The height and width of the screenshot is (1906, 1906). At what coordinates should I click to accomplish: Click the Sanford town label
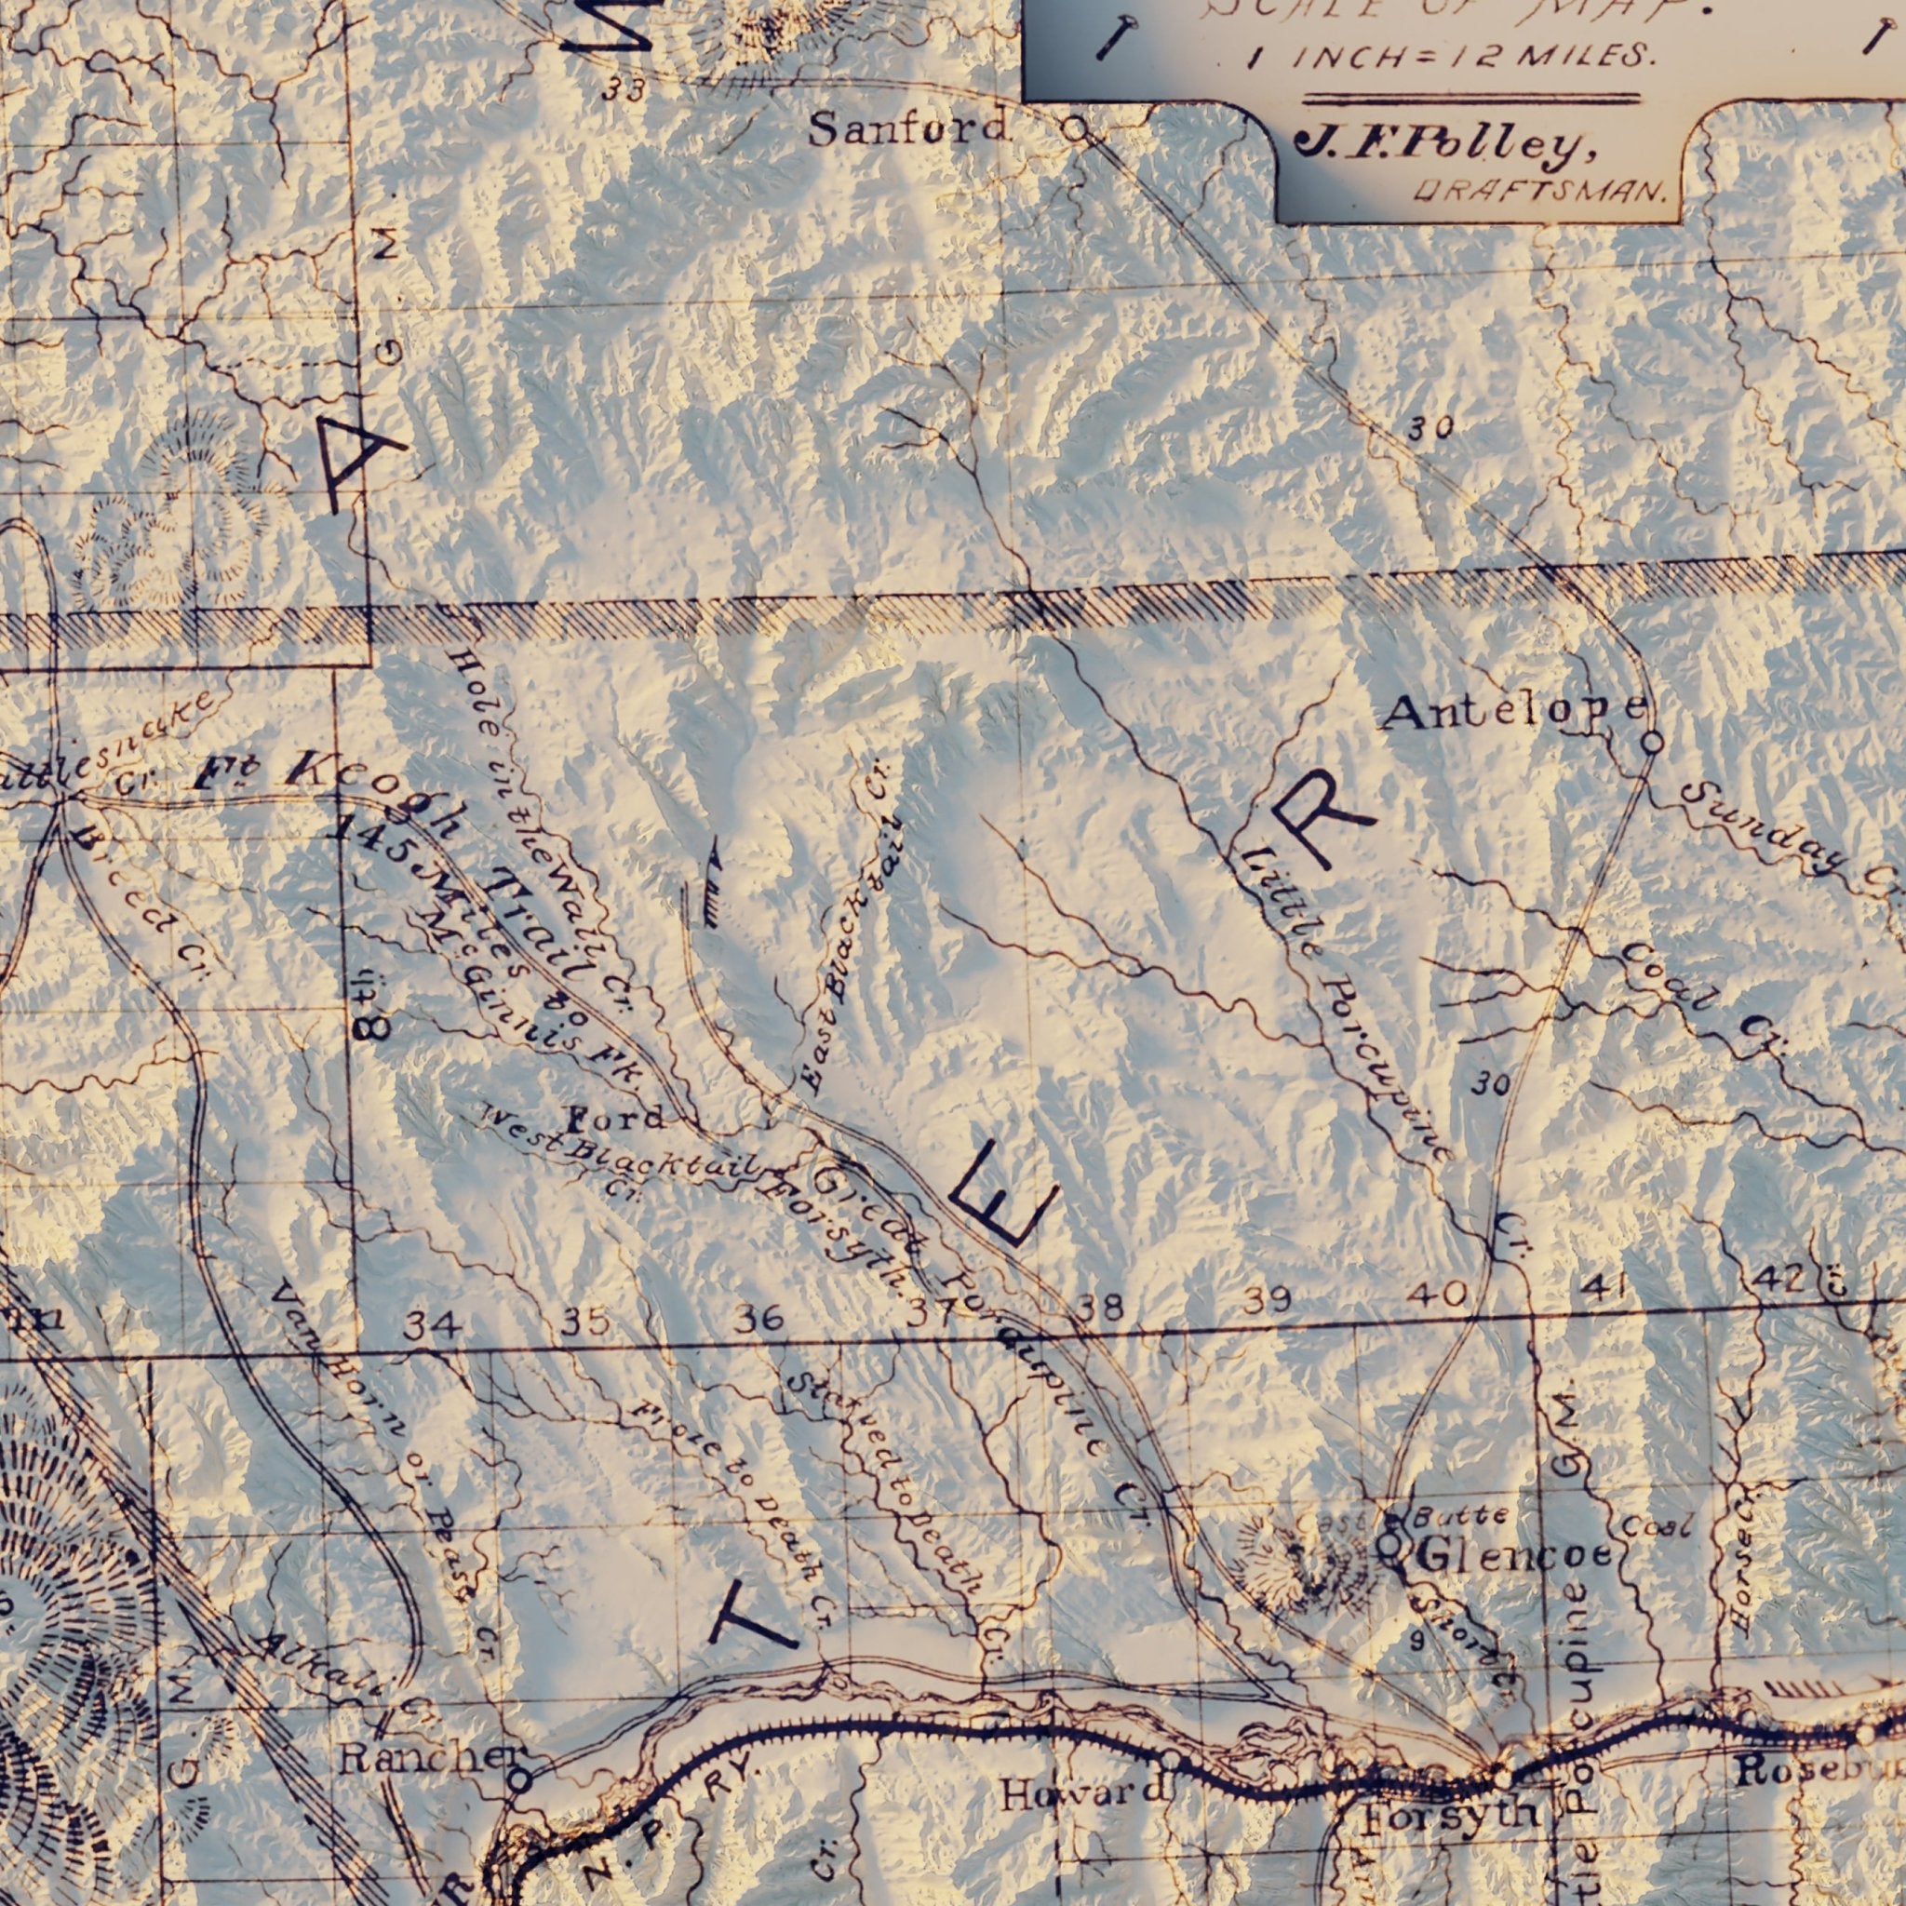[907, 128]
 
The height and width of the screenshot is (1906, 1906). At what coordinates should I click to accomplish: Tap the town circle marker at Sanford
[1074, 128]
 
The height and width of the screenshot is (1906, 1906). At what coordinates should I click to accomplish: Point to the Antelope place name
[1514, 710]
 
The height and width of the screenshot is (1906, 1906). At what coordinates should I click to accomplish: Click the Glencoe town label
[1513, 1557]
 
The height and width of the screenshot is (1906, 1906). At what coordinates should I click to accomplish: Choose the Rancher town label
[431, 1759]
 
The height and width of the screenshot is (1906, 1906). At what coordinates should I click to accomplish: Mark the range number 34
[431, 1325]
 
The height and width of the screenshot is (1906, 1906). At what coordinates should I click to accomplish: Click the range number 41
[1604, 1287]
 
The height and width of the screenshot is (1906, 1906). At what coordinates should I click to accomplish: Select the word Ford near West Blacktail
[615, 1119]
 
